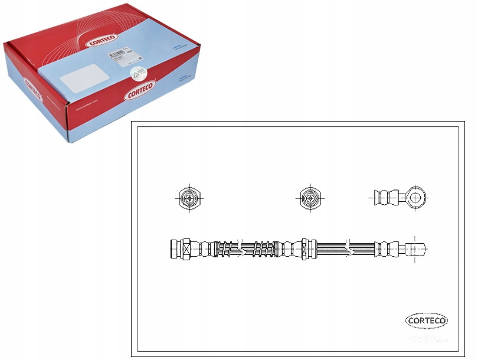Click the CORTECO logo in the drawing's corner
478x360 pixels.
tap(427, 320)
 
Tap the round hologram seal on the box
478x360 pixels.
tap(137, 72)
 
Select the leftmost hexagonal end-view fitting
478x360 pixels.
tap(189, 198)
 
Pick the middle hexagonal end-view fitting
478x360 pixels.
tap(309, 198)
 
